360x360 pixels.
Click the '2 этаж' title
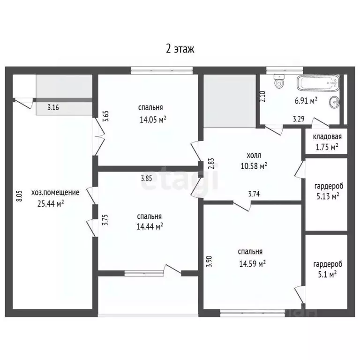[180, 48]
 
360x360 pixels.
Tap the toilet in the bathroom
[280, 82]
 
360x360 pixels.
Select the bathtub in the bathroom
[317, 85]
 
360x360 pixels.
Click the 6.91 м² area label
[306, 100]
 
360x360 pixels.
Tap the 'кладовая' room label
[327, 137]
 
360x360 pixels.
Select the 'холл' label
[254, 156]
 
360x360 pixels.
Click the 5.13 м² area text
[326, 196]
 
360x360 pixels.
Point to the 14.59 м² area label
[253, 263]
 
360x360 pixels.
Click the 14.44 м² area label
[150, 226]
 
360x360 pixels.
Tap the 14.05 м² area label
[153, 119]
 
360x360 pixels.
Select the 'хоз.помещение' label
[55, 192]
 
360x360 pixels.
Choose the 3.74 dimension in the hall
[254, 193]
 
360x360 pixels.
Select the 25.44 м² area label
[50, 203]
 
